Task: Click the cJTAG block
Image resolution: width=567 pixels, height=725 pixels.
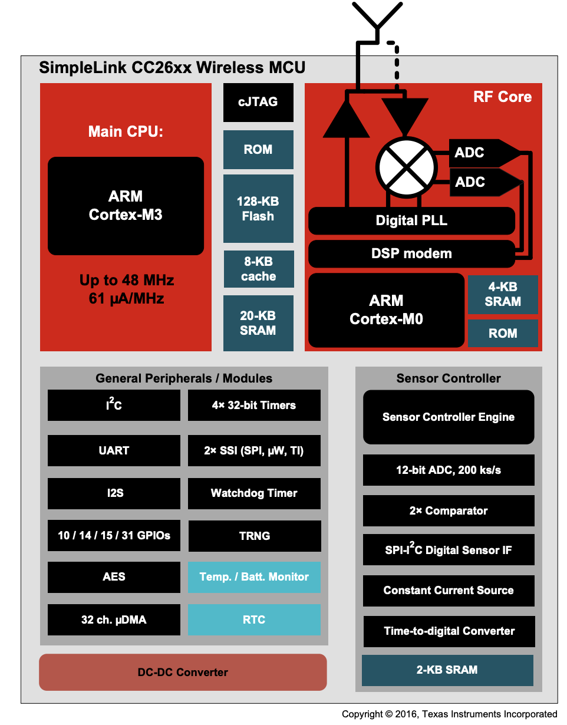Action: coord(258,102)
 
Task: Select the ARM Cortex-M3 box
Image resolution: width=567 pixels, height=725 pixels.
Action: coord(126,206)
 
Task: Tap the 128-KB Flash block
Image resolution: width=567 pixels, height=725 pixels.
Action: coord(258,209)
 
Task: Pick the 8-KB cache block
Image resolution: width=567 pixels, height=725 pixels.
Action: coord(258,269)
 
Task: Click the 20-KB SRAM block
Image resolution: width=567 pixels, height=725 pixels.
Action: coord(258,323)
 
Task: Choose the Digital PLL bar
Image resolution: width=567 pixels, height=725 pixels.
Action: coord(411,221)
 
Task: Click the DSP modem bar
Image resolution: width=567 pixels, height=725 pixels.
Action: coord(411,254)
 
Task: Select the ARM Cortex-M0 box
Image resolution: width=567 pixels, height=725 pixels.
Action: coord(386,310)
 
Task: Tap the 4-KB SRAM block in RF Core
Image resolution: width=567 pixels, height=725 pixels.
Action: coord(503,294)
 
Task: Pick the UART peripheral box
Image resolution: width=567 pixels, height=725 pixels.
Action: coord(114,450)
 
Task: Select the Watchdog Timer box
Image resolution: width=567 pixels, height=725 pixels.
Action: coord(254,493)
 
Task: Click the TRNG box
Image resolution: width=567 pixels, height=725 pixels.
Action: coord(254,536)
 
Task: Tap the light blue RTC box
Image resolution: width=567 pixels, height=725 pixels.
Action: coord(254,619)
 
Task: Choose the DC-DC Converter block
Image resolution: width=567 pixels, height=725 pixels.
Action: coord(183,672)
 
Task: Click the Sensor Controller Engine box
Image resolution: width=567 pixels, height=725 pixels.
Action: coord(449,417)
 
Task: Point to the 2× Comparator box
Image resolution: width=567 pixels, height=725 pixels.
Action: coord(449,511)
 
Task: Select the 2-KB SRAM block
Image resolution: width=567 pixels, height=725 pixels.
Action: coord(447,670)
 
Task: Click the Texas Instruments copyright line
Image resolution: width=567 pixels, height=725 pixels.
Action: coord(449,714)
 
